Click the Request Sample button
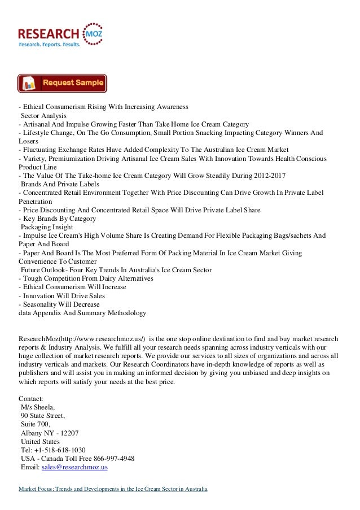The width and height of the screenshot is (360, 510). (x=62, y=84)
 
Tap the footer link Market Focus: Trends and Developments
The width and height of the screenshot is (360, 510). (x=113, y=488)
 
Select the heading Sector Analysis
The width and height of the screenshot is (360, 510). (x=43, y=115)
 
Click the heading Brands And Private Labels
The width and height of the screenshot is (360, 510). (x=60, y=184)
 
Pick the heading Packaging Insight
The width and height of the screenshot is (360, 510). (x=49, y=227)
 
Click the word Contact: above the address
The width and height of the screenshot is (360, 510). (x=30, y=398)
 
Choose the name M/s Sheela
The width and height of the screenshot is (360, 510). (x=39, y=407)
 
